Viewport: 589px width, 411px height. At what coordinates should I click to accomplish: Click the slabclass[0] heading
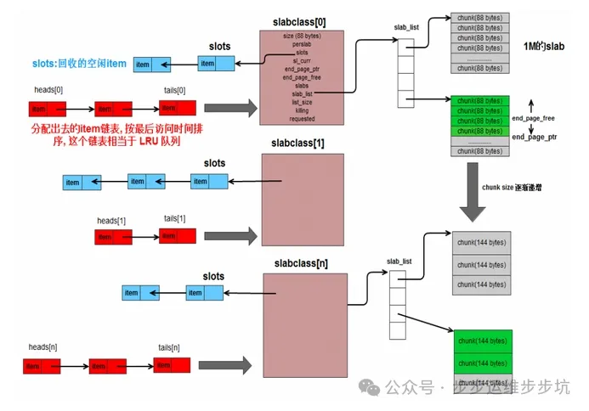point(301,19)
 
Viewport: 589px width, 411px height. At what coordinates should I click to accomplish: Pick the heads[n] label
point(44,347)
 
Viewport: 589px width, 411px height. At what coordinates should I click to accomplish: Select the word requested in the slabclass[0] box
point(302,120)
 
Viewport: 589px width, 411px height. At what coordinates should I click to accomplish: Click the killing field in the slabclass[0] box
point(302,110)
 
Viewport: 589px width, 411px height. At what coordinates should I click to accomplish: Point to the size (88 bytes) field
point(302,35)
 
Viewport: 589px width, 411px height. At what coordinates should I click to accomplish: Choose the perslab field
point(302,43)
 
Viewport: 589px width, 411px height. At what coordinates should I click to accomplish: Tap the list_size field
point(302,102)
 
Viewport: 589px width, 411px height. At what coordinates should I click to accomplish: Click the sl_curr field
point(302,60)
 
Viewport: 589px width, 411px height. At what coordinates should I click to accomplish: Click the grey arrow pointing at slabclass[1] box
point(229,235)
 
